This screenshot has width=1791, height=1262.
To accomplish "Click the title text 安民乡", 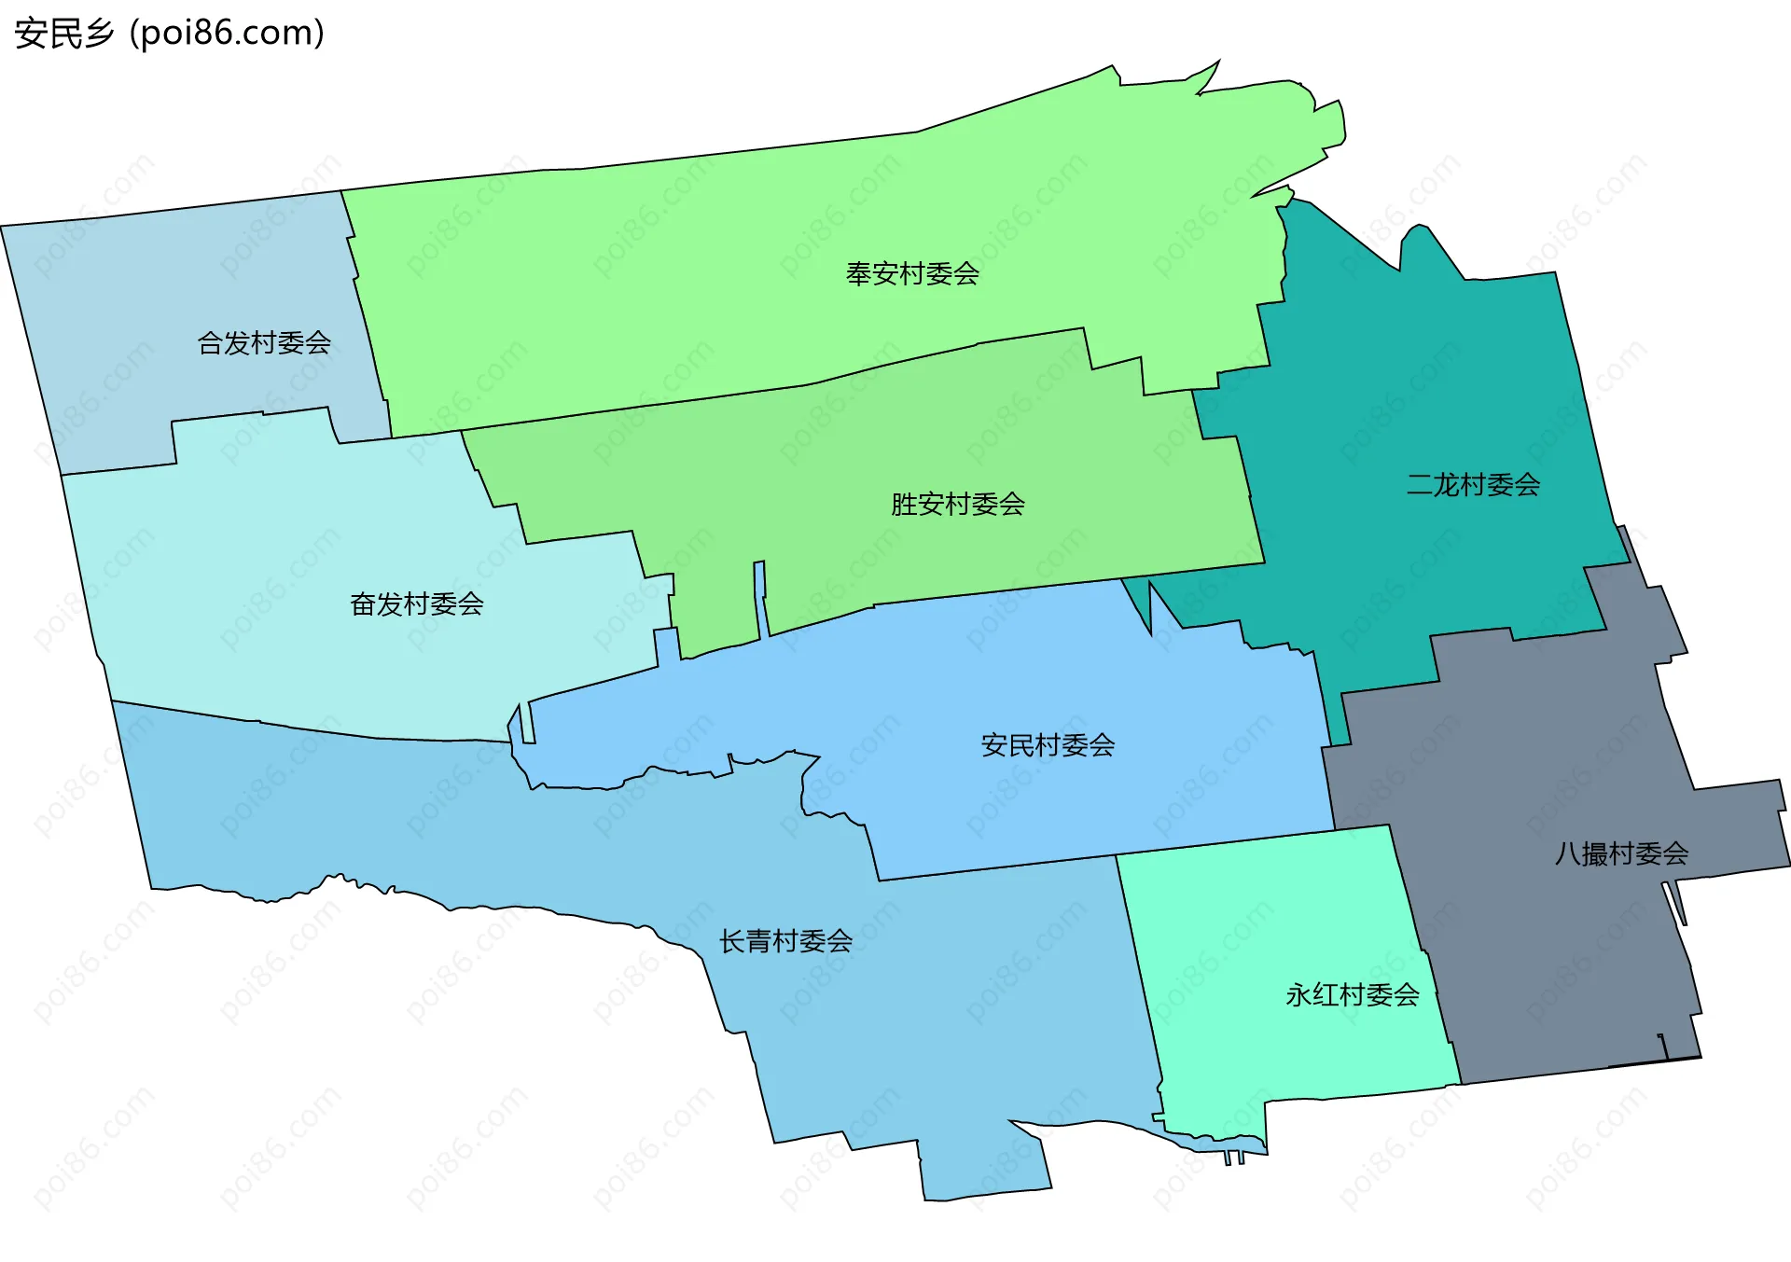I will [64, 34].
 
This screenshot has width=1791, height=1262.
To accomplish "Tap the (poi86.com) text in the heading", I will [227, 34].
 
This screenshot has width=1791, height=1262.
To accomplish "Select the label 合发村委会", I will [264, 343].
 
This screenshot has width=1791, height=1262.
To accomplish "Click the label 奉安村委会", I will [911, 273].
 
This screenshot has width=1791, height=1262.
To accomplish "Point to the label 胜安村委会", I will [957, 505].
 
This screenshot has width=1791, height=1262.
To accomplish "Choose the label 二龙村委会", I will [1473, 485].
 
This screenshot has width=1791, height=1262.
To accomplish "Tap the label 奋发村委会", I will [416, 604].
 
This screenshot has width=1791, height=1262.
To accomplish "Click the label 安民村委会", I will [1048, 745].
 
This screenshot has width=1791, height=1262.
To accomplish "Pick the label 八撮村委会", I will [1621, 853].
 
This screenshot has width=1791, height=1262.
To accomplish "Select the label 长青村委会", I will [785, 941].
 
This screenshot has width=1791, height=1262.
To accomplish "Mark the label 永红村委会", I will [1352, 995].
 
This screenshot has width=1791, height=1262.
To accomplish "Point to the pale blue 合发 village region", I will [140, 308].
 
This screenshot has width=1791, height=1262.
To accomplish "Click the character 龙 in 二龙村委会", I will [1447, 485].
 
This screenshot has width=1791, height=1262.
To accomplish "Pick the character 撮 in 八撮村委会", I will [1595, 853].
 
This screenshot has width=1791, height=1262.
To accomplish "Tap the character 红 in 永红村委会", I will [1326, 995].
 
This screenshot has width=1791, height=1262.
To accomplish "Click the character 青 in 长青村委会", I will [759, 941].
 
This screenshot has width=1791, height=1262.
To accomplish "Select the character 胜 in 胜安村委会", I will [904, 505].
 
